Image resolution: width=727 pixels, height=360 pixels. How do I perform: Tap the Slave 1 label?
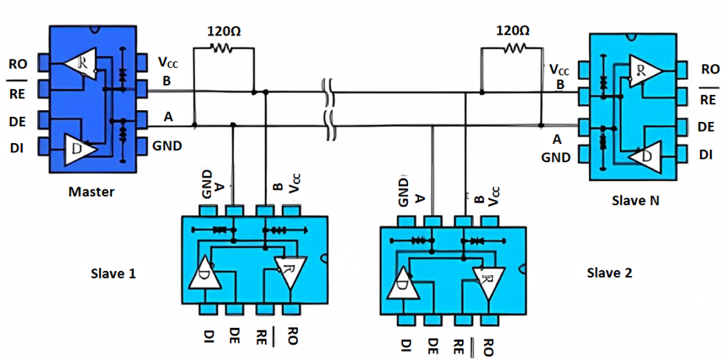point(113,273)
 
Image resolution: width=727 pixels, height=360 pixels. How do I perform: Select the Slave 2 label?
point(609,273)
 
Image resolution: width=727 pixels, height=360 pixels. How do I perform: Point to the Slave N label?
point(635,201)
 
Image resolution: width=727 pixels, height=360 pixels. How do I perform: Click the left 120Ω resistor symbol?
point(222,47)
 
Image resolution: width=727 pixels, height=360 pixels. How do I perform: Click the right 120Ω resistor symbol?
point(514,47)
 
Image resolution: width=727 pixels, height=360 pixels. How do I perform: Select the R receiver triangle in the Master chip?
point(80,61)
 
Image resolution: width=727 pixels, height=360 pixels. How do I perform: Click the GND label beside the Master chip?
point(167,147)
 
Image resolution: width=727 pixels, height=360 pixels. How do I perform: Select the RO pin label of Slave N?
point(710,70)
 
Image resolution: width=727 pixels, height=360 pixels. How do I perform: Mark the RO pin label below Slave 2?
point(488,347)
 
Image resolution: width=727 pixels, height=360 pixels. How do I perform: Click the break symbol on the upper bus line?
point(328,92)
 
